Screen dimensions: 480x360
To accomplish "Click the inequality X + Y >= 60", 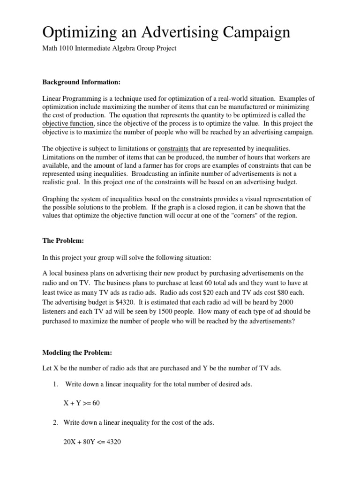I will [82, 403].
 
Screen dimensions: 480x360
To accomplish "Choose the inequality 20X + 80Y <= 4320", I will [92, 442].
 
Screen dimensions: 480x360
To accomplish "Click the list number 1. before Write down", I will [55, 384].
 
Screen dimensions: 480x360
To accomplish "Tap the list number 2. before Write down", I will [55, 422].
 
